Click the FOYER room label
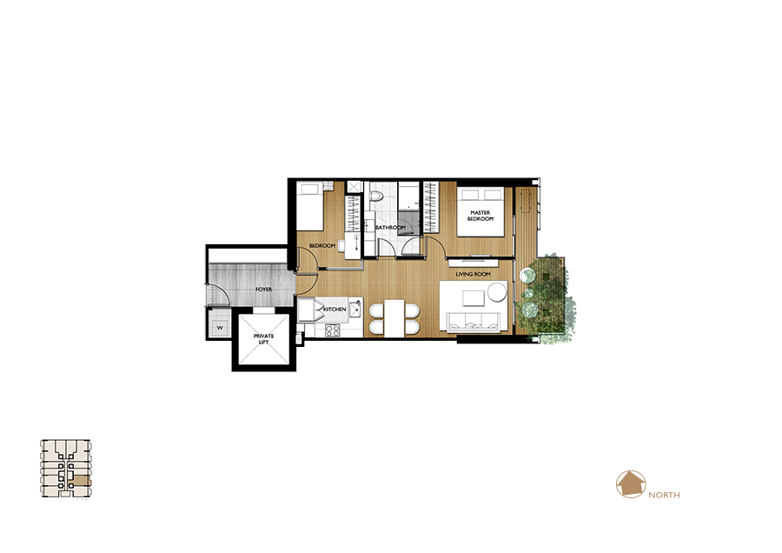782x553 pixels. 264,290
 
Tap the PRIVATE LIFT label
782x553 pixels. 263,339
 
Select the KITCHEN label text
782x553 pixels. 335,310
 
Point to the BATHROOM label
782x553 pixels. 390,228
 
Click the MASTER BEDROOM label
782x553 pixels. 480,216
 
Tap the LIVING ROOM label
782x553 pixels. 473,274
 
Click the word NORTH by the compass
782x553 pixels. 664,495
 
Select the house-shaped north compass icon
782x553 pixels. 631,484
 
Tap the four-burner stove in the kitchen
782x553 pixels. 333,330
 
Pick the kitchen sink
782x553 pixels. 355,309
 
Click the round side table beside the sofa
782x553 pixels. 497,291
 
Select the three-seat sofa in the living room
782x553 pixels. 474,322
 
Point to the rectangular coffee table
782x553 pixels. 474,298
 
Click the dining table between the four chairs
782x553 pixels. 394,318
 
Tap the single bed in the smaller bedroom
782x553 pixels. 310,207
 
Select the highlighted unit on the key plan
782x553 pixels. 82,482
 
